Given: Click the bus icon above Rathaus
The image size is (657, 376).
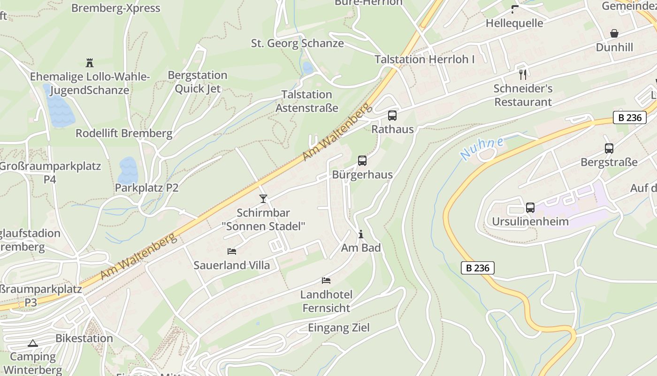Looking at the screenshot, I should coord(392,115).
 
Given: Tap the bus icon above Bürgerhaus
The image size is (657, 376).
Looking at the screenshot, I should coord(362,161).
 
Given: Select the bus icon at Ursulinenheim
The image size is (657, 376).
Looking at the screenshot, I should coord(530,207).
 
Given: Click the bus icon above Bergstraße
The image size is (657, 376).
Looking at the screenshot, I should coord(609,149).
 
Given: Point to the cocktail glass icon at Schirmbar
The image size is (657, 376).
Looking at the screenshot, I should coord(263,199).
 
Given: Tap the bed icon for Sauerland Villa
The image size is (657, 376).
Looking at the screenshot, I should coord(232,251).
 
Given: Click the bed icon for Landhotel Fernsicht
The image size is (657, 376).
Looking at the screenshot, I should coord(326,281).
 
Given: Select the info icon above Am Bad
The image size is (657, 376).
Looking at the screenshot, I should coord(360,234).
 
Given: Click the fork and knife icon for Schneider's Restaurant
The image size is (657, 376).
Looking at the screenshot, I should coord(523,74).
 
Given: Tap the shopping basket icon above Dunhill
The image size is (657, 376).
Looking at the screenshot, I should coord(614,33).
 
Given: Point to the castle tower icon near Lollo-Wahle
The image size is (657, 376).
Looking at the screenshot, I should coord(90,63).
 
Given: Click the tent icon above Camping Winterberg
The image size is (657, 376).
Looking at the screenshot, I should coord(32,343).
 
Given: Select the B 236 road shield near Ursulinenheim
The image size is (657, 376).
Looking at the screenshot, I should coord(478,268).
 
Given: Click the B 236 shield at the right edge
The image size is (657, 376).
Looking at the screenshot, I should coord(629,117).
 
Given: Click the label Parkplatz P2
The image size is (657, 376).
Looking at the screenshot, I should coord(147,188).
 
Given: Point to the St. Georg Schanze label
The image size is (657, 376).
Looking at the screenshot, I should coord(298,43).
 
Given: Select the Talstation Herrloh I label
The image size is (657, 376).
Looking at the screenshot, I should coord(425,59).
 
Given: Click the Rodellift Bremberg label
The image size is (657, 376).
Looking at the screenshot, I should coord(124,133).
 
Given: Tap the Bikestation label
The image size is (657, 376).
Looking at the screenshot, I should coord(84,338).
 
